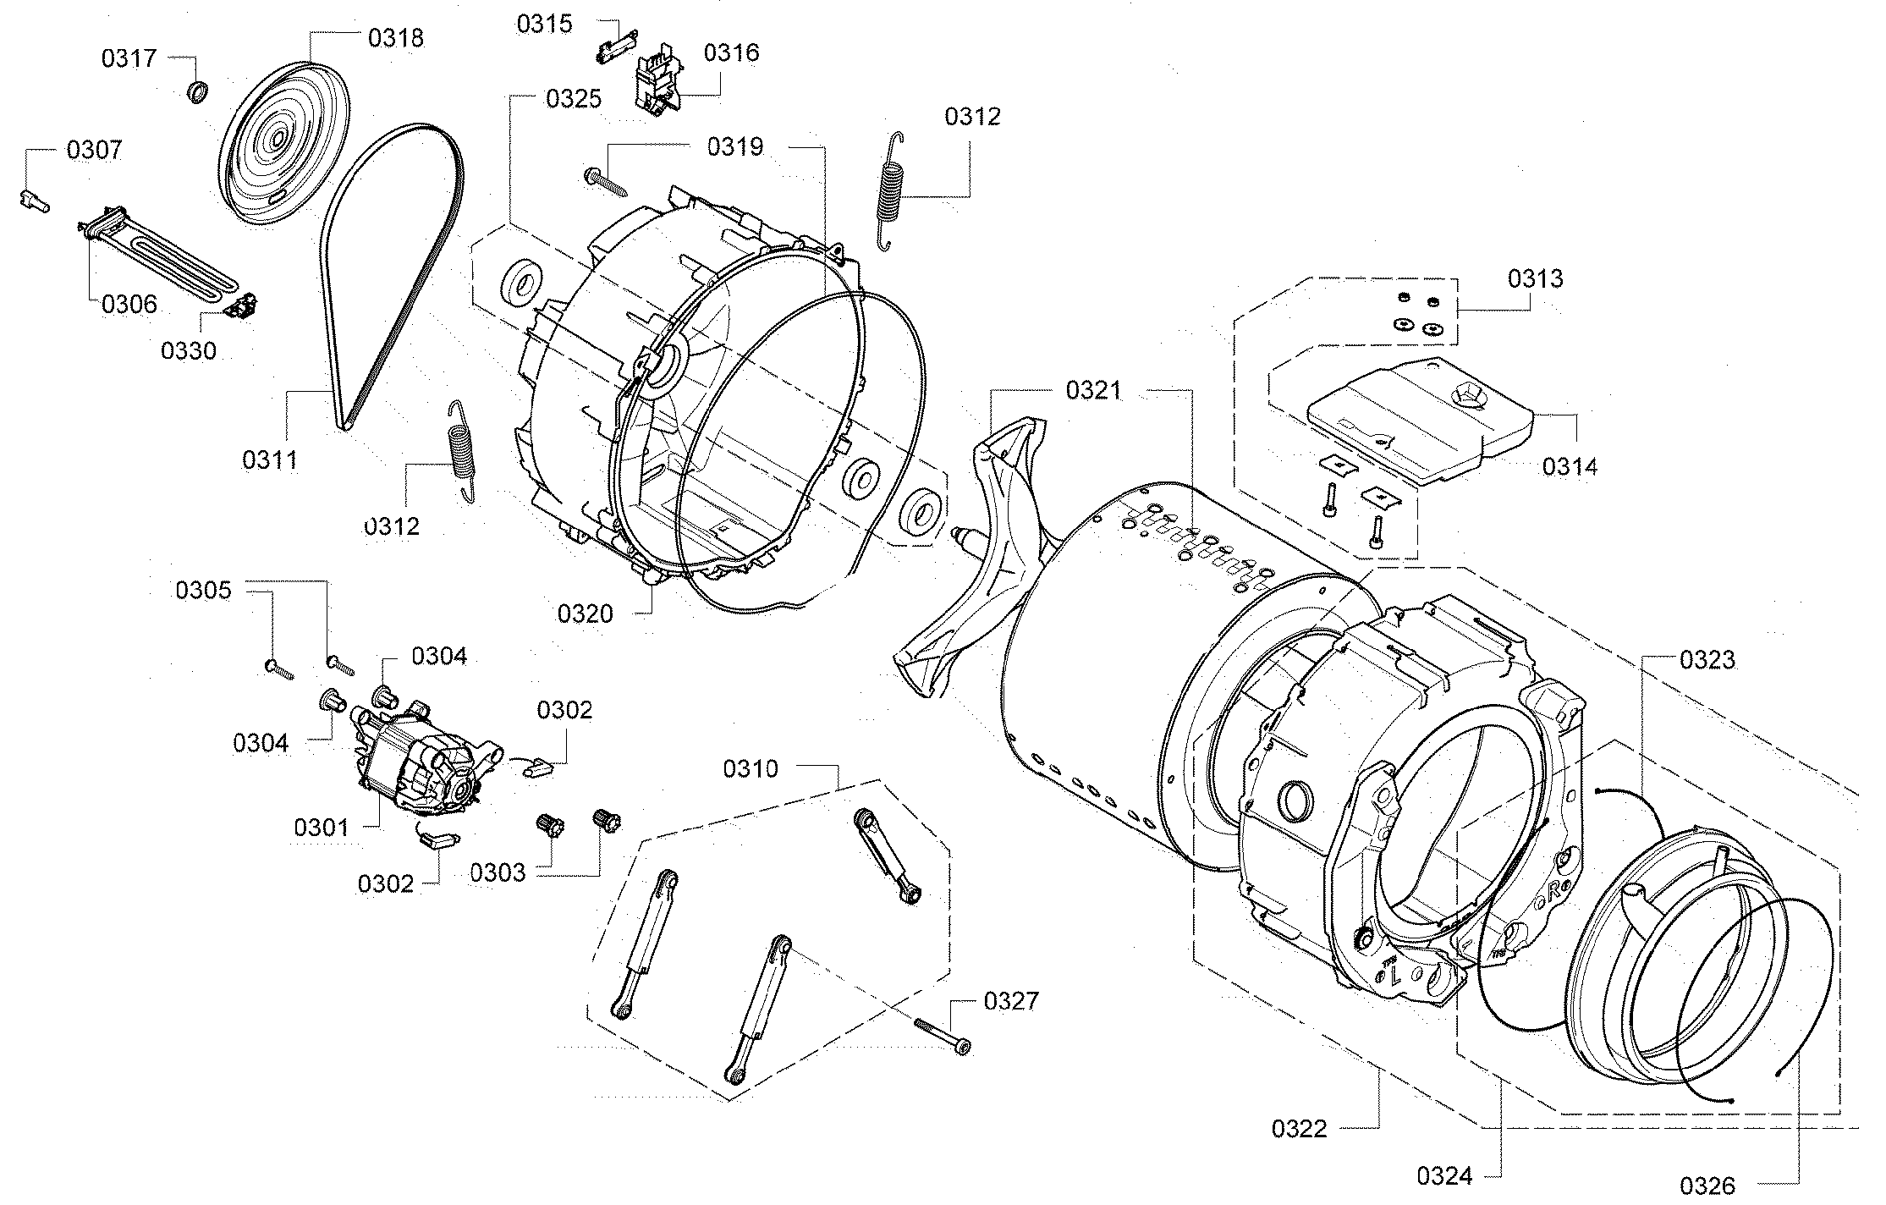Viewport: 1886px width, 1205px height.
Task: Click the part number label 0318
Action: point(395,38)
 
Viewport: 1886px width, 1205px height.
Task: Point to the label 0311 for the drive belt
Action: point(269,460)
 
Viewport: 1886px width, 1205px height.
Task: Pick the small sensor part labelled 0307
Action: point(34,201)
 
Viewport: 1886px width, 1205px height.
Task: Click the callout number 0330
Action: point(188,350)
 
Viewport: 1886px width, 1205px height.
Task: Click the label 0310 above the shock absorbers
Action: point(750,769)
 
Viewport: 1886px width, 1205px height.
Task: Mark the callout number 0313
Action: point(1535,279)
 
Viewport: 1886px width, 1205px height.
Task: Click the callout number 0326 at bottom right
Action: point(1707,1186)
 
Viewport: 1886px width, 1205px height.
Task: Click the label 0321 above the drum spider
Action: point(1093,391)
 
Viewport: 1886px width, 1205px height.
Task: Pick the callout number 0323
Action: point(1707,660)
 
